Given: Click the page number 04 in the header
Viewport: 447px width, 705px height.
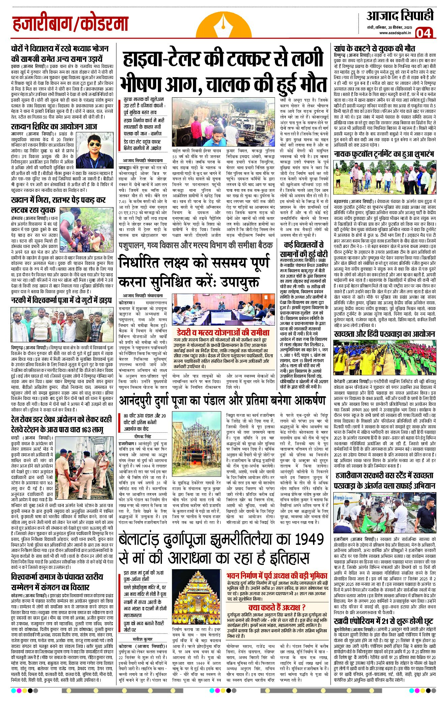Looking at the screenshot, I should (x=423, y=33).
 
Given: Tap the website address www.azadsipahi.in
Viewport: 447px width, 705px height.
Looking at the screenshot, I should (x=395, y=33).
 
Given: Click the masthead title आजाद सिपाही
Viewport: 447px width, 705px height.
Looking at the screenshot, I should (x=400, y=16).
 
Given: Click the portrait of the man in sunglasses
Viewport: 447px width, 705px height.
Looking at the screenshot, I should (x=95, y=150).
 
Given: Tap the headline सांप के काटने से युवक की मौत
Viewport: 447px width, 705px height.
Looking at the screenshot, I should (x=374, y=48).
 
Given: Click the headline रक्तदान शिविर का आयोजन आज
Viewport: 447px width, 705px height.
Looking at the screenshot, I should (x=54, y=127).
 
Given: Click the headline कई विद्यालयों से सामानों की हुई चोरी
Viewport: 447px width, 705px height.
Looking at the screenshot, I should (x=304, y=249).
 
